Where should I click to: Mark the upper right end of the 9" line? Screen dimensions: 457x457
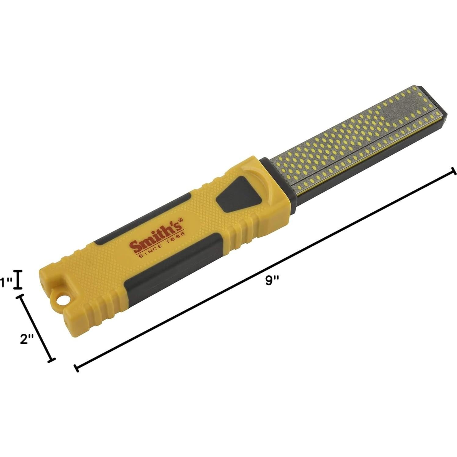(x=454, y=171)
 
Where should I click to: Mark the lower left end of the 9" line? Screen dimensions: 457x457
(x=76, y=368)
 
